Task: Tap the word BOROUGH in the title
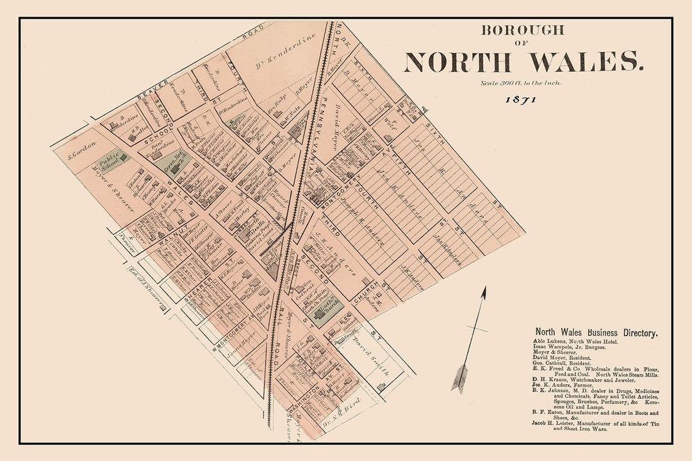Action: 523,29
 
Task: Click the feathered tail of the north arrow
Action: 460,377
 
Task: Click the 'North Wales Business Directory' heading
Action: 596,332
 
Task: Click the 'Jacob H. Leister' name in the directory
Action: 556,423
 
